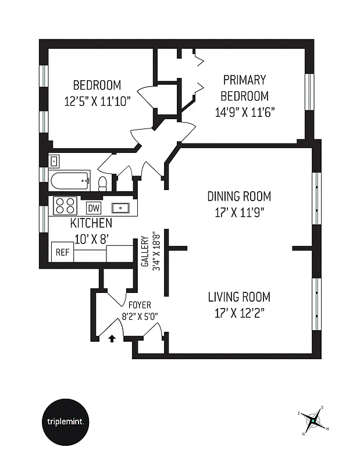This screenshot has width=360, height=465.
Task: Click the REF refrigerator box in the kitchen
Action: click(x=62, y=252)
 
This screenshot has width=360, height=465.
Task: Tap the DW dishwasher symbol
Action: click(x=94, y=208)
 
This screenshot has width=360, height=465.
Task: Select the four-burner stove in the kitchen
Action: click(x=65, y=206)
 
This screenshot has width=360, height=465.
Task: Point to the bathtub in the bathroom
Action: click(x=70, y=181)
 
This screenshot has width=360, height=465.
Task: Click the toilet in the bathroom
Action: click(x=103, y=184)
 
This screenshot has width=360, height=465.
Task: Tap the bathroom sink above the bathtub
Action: click(x=54, y=161)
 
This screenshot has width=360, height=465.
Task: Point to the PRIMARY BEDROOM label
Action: click(x=245, y=88)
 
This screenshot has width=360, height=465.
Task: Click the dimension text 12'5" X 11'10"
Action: click(x=98, y=100)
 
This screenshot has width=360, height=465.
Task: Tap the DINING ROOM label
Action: click(x=239, y=196)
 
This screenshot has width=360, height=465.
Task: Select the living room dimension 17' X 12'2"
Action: click(x=237, y=313)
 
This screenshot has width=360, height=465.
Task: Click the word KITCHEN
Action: click(x=91, y=223)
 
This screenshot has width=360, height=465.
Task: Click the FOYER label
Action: click(x=140, y=305)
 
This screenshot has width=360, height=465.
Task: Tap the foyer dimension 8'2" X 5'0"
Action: click(x=140, y=316)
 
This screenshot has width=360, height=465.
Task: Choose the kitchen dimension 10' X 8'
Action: click(x=91, y=237)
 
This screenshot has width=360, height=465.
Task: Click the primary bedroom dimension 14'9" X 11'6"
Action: click(x=244, y=112)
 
